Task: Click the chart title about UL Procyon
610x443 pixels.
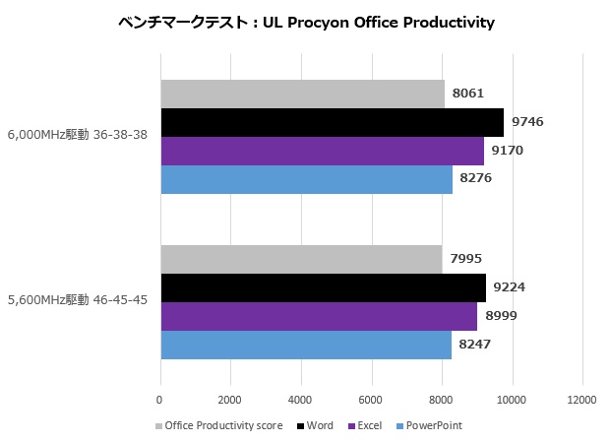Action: coord(304,22)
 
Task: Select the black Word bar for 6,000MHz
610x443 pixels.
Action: coord(332,122)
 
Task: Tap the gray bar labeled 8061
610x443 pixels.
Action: coord(302,94)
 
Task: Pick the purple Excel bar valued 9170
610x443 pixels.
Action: coord(322,151)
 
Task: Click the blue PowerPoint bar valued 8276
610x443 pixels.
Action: coord(306,178)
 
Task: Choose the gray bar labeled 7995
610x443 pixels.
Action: coord(301,260)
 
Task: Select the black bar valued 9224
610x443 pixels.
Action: coord(323,288)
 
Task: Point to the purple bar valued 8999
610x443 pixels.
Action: coord(319,316)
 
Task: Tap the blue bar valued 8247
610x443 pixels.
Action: coord(306,345)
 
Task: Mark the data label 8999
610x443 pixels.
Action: coord(500,316)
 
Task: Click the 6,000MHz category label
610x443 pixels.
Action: coord(78,135)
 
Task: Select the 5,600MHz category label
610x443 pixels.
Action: coord(78,300)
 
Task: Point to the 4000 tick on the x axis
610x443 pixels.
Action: coord(301,400)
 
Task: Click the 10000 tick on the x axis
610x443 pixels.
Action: coord(512,400)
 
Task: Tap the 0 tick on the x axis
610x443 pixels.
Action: coord(159,400)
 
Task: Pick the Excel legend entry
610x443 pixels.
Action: coord(366,425)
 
